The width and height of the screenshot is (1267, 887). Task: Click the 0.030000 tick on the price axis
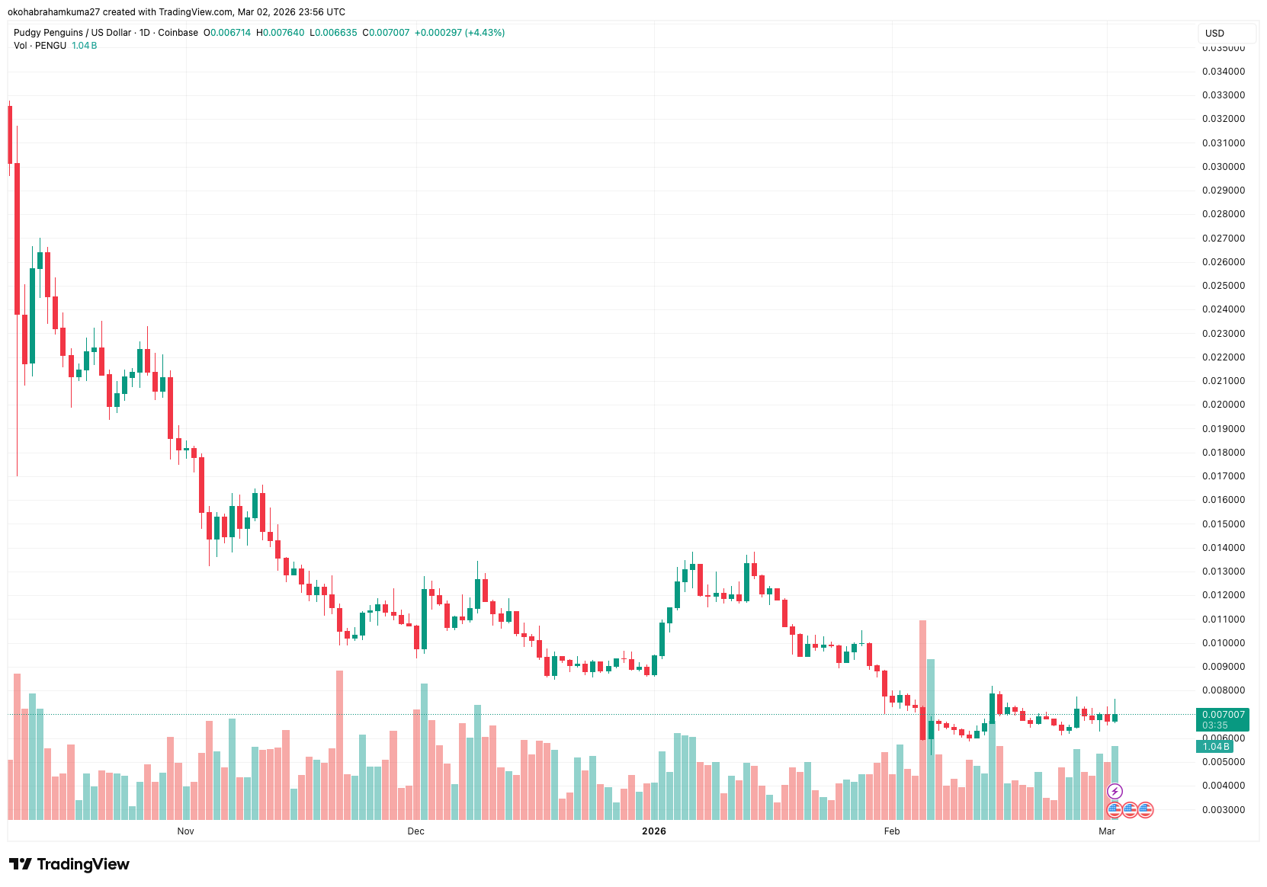tap(1223, 167)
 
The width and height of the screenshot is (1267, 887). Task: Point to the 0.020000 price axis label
tap(1223, 405)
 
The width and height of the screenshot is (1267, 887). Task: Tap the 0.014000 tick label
tap(1223, 548)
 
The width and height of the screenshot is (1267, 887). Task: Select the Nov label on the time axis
tap(185, 831)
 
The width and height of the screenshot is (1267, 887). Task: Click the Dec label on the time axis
tap(415, 831)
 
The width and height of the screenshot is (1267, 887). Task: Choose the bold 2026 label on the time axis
tap(653, 831)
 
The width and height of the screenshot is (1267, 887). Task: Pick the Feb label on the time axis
tap(891, 831)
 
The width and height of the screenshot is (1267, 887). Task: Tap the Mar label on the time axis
tap(1106, 831)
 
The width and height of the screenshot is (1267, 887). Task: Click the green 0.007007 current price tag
tap(1223, 715)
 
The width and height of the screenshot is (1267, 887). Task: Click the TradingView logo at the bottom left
tap(69, 864)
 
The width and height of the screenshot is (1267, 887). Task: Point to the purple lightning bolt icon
tap(1115, 791)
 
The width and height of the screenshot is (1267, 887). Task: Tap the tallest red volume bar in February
tap(922, 720)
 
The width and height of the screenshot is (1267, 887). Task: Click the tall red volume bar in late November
tap(339, 745)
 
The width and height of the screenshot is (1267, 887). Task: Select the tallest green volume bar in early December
tap(424, 751)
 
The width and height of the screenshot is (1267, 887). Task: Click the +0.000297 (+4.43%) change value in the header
tap(459, 33)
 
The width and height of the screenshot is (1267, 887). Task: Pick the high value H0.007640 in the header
tap(280, 33)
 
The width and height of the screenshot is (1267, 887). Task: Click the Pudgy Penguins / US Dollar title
tap(72, 33)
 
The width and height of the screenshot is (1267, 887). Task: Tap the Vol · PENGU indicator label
tap(40, 46)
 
